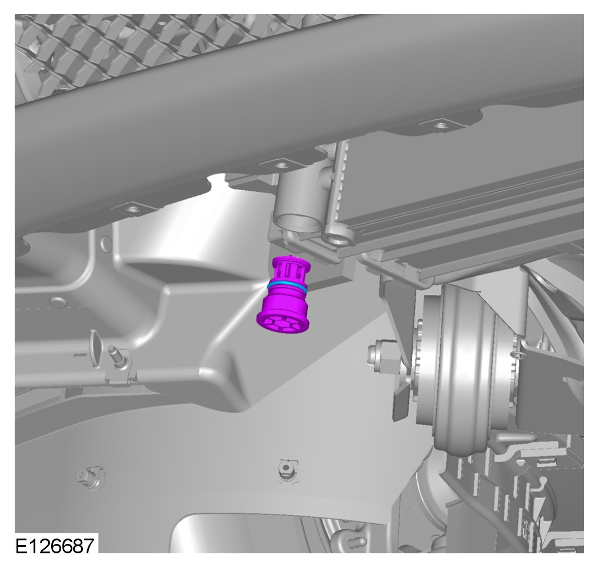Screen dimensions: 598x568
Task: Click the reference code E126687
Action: [55, 545]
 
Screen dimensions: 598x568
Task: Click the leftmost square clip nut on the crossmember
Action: [132, 208]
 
